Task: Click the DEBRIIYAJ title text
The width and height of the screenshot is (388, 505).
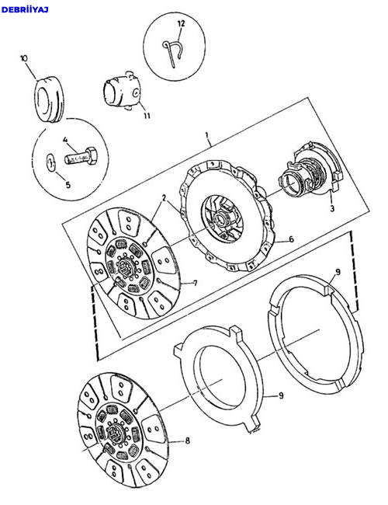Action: coord(25,9)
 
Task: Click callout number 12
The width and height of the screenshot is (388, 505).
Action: coord(181,23)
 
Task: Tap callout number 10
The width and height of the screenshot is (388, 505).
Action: coord(24,58)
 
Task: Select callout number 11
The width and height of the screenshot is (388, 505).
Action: coord(147,115)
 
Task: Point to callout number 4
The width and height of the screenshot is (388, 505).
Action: coord(65,140)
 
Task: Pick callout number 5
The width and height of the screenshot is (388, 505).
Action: coord(68,185)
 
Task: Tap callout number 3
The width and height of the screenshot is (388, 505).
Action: coord(332,208)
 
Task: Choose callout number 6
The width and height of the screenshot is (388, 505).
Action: coord(292,239)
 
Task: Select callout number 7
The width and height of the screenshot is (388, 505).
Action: coord(196,283)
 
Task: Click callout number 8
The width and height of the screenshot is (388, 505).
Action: coord(188,441)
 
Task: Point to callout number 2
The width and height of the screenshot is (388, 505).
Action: coord(164,198)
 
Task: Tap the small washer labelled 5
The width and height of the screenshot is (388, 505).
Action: coord(50,162)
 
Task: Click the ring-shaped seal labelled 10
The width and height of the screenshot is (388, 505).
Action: coord(49,99)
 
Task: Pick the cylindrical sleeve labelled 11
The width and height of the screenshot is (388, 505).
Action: coord(122,91)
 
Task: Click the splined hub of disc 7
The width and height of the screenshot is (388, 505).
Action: coord(125,266)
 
